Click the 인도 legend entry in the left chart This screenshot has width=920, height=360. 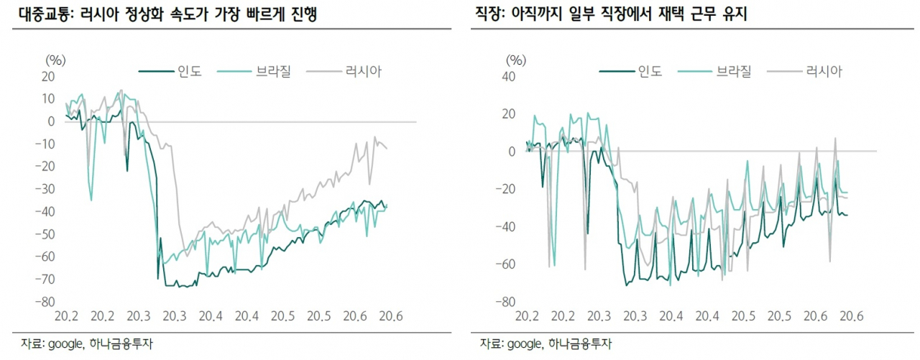[170, 71]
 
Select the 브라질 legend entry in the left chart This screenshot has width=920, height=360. [254, 71]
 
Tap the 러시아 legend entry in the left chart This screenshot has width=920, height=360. [344, 71]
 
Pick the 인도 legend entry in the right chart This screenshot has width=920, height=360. [631, 71]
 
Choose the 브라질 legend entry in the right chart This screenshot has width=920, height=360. [714, 71]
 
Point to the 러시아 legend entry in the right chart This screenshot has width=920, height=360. [804, 71]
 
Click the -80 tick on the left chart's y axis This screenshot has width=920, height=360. [45, 302]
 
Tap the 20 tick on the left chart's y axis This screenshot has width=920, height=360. [48, 76]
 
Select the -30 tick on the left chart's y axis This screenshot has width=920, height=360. [45, 189]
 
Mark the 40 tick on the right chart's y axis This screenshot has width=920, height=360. [508, 76]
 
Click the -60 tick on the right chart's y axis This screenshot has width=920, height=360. [505, 264]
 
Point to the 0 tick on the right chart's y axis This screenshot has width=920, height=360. [512, 152]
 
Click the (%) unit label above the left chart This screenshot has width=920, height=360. [55, 60]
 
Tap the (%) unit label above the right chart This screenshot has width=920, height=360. [516, 60]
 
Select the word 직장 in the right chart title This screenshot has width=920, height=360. [489, 14]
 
